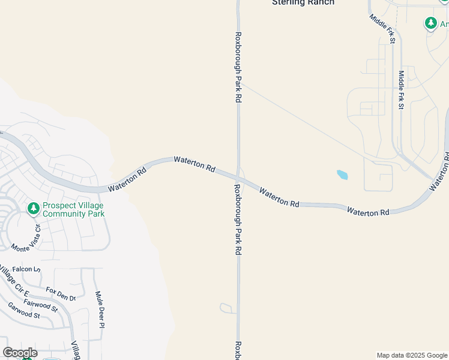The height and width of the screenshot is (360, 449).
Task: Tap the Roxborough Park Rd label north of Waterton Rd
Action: tap(238, 67)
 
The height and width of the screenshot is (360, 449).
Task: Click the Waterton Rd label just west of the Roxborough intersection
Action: tap(194, 164)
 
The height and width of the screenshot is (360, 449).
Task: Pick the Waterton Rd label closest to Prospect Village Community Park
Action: tap(127, 180)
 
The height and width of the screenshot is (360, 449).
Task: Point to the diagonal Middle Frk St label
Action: tap(382, 29)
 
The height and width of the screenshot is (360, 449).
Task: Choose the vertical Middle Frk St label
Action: tap(402, 89)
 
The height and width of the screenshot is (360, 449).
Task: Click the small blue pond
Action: tap(342, 175)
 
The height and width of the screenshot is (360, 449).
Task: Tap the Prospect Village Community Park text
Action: tap(74, 209)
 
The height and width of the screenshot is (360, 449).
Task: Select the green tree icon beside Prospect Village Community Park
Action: tap(34, 209)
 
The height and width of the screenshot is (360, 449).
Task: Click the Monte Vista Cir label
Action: tap(25, 238)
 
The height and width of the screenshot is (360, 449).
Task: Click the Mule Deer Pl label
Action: tap(100, 310)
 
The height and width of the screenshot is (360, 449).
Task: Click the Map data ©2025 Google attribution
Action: tap(411, 355)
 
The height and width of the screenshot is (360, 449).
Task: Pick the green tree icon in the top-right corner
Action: tap(430, 23)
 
